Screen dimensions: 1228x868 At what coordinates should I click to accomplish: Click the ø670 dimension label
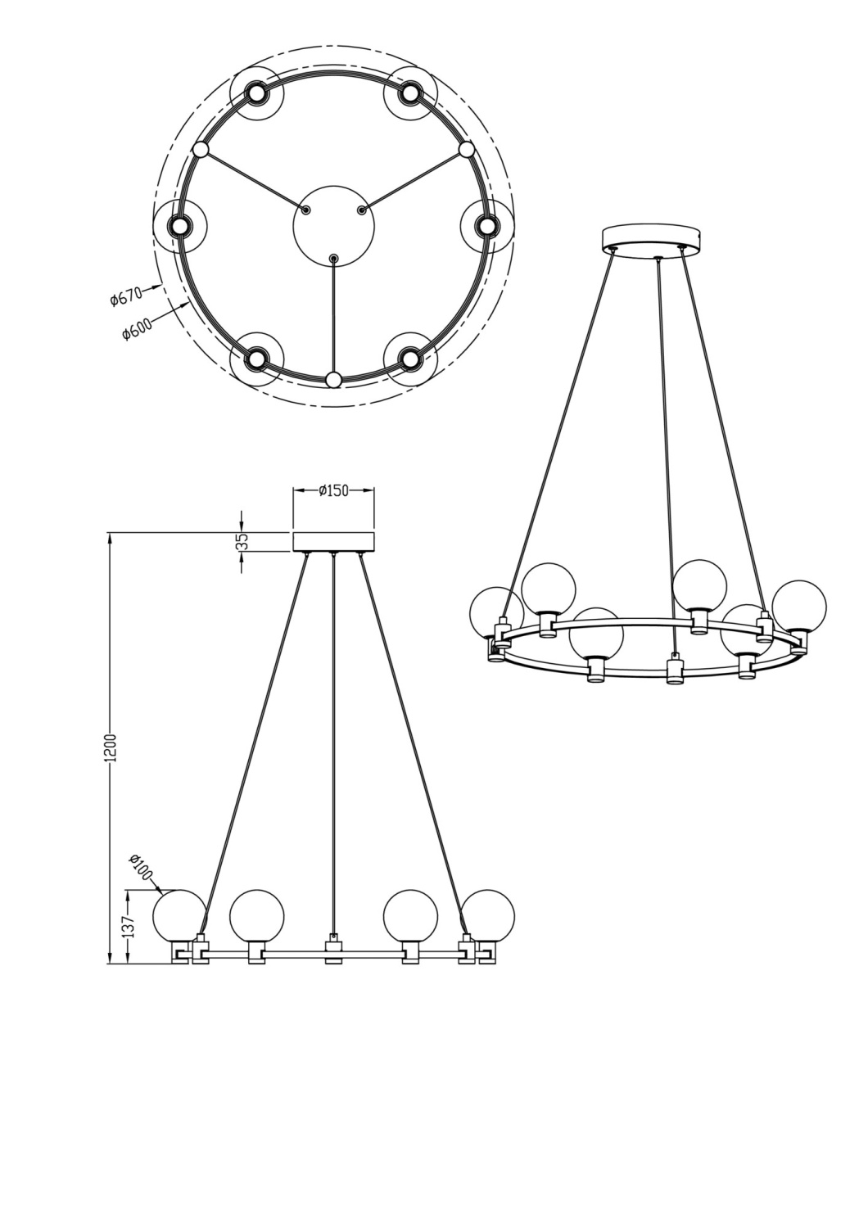[x=126, y=295]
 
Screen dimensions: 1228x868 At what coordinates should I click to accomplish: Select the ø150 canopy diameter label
[x=333, y=490]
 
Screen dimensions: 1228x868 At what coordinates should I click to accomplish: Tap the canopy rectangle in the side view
[x=333, y=542]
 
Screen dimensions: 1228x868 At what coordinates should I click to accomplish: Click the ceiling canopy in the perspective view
[x=653, y=237]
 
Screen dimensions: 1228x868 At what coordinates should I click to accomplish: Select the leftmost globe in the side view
[x=180, y=916]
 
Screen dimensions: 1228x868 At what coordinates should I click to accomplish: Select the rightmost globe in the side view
[x=488, y=916]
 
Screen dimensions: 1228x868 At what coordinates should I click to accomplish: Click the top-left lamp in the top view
[x=256, y=93]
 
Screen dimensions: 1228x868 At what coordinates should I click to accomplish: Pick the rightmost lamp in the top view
[x=488, y=224]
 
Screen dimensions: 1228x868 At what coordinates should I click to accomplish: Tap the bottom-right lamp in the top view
[x=410, y=357]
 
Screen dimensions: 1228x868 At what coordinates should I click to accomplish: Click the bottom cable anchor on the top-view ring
[x=333, y=379]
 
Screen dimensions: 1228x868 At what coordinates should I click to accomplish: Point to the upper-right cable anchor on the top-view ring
[x=467, y=150]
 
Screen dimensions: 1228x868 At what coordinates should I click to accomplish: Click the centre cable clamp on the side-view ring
[x=333, y=948]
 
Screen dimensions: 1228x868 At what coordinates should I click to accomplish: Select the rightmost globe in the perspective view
[x=799, y=607]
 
